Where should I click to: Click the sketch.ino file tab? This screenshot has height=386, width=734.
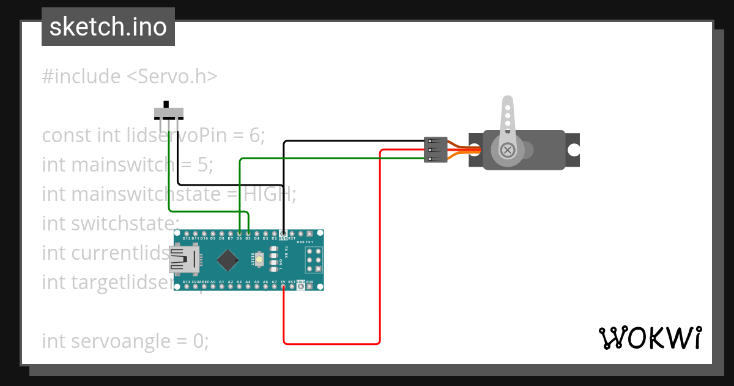tap(108, 27)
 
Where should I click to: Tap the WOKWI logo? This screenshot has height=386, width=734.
tap(650, 338)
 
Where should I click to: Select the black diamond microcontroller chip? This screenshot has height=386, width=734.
tap(228, 260)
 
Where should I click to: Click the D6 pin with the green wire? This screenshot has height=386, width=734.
tap(239, 233)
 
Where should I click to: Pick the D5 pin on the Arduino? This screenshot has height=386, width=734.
tap(248, 233)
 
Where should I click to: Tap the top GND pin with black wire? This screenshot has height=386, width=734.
tap(283, 233)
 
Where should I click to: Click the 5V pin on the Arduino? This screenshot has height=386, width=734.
tap(283, 286)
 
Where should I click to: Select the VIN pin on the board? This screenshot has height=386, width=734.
tap(310, 286)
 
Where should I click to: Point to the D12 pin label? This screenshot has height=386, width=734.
tap(186, 238)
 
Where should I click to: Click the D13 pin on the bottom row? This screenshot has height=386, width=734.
tap(186, 286)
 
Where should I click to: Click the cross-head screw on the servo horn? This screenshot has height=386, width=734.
tap(507, 149)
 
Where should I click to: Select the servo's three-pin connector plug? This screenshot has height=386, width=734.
tap(436, 150)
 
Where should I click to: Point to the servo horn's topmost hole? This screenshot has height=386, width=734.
tap(507, 107)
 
